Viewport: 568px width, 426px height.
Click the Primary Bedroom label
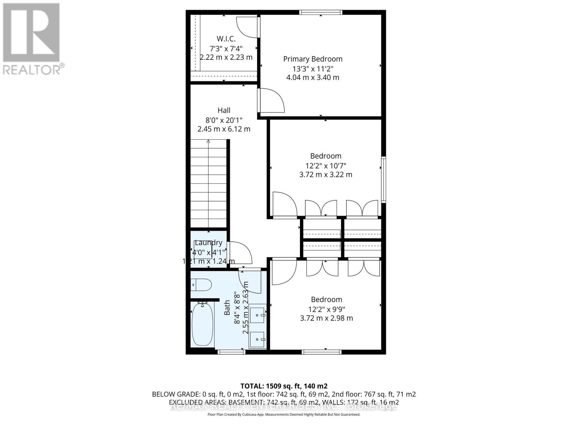(313, 59)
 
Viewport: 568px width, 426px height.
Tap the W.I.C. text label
(226, 39)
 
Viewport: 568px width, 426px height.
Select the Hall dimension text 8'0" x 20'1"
(224, 120)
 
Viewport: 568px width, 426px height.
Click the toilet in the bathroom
(201, 285)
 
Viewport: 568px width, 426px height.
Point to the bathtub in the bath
(202, 324)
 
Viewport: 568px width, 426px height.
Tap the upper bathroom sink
(257, 315)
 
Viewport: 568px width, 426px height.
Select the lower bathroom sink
(257, 339)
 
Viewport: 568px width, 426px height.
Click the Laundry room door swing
(240, 253)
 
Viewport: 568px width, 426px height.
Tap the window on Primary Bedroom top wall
(321, 12)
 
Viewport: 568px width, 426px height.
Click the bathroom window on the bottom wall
(231, 352)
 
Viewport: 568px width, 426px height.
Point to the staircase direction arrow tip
(208, 141)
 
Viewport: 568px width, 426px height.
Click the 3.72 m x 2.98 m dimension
(327, 318)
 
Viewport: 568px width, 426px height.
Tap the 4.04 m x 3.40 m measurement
(313, 77)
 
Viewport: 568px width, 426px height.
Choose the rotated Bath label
(227, 307)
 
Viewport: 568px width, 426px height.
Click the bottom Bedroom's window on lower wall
(321, 352)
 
